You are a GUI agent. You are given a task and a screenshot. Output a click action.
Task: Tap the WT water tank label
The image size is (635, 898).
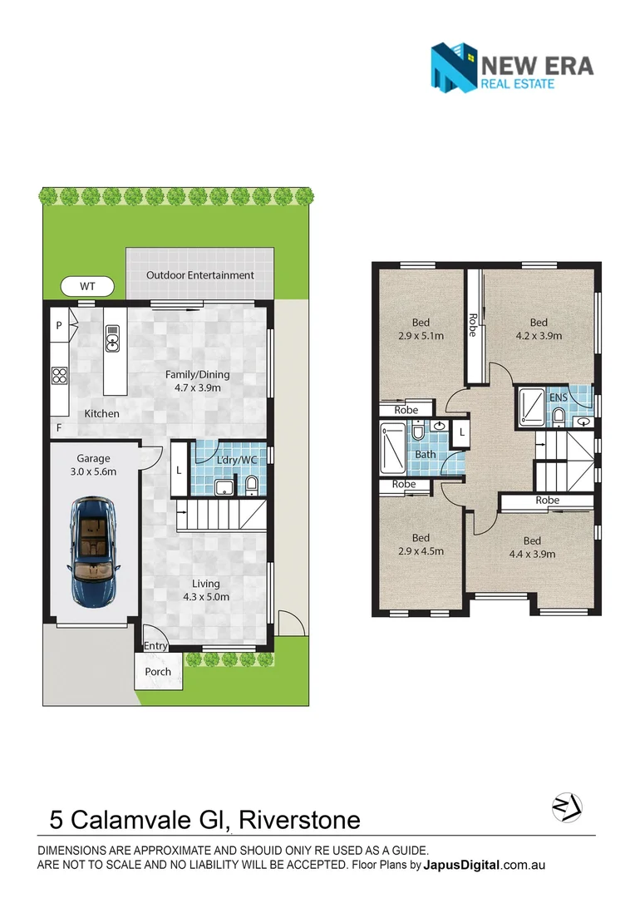[87, 286]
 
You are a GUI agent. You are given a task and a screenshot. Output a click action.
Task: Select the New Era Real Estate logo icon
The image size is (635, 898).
[454, 67]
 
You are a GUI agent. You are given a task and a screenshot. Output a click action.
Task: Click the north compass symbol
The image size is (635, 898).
[567, 807]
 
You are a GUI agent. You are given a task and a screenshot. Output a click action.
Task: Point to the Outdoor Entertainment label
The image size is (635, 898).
[199, 275]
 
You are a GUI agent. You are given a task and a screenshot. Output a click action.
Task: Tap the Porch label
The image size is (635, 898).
[158, 672]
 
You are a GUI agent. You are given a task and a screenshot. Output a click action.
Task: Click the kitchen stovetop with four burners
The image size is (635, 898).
[60, 375]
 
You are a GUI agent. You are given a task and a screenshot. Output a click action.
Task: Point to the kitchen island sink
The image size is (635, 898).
[113, 337]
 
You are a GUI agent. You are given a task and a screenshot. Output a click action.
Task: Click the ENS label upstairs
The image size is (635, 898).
[559, 397]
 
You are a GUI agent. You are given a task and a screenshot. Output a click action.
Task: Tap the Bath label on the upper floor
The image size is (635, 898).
[425, 455]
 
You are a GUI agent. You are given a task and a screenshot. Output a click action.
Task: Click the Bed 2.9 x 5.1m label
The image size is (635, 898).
[421, 329]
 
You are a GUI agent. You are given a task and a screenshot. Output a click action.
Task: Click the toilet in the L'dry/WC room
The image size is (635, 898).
[251, 485]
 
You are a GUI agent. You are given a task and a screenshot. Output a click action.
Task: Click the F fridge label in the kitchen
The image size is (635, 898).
[58, 427]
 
